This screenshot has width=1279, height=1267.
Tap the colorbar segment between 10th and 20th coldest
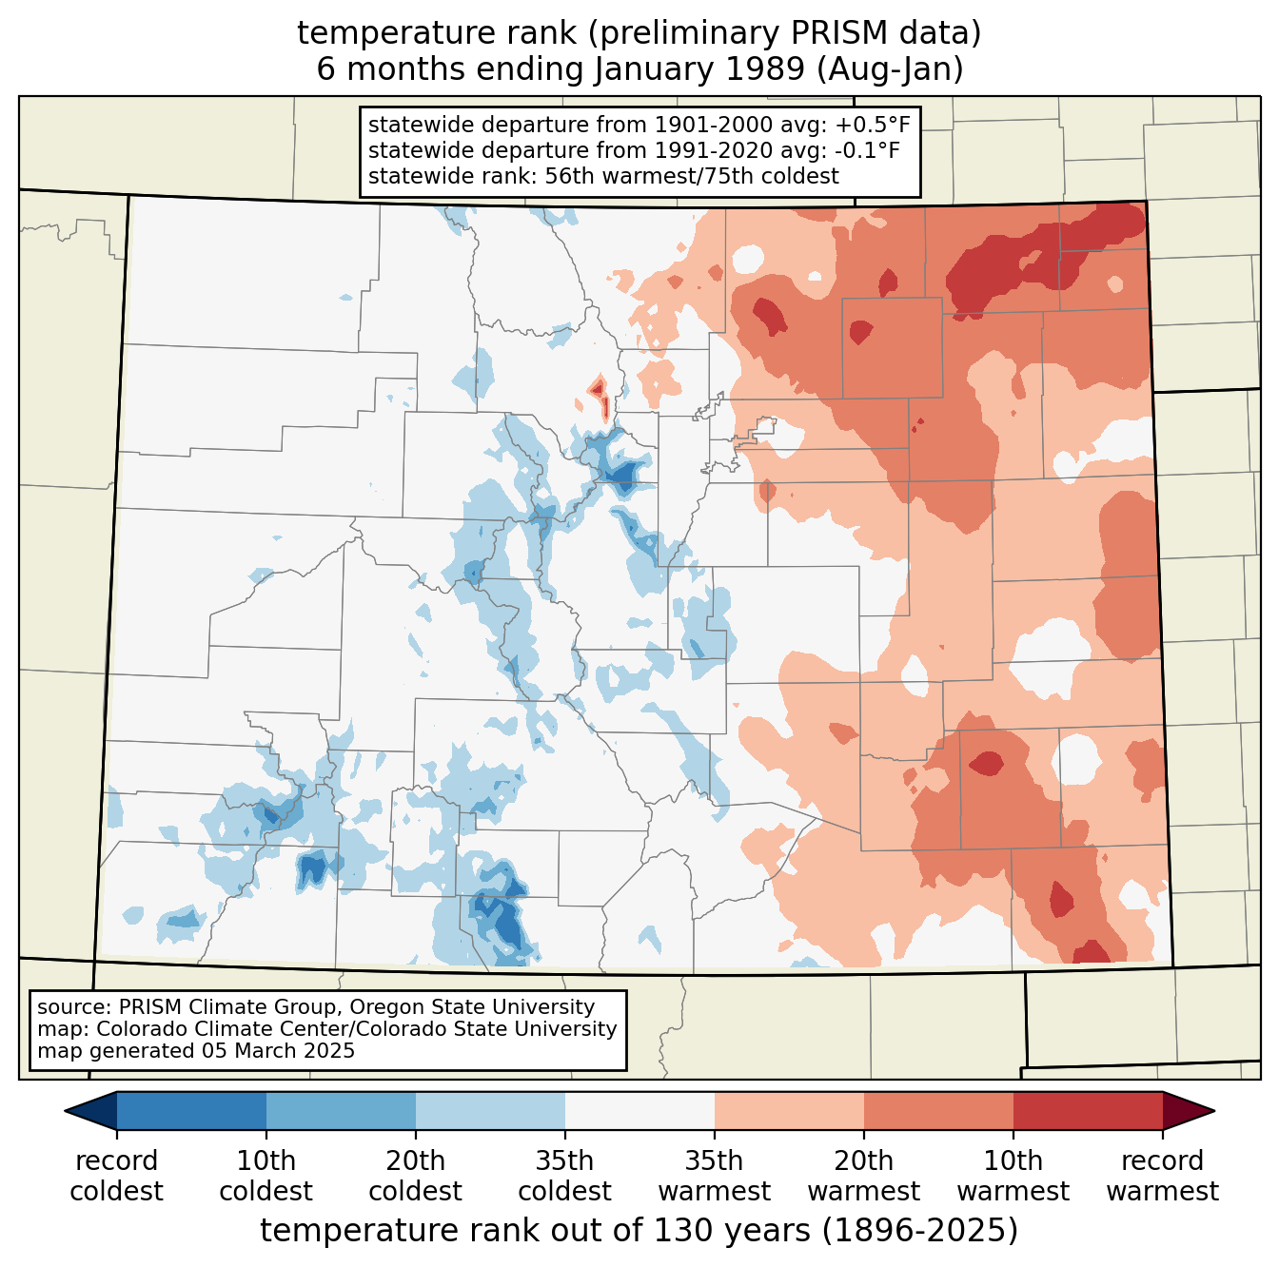pos(341,1110)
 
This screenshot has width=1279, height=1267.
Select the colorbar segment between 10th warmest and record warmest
pos(1088,1110)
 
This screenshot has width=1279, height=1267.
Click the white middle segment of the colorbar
pos(639,1110)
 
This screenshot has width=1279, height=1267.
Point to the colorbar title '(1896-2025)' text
pos(920,1231)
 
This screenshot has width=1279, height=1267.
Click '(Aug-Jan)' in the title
pos(890,69)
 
